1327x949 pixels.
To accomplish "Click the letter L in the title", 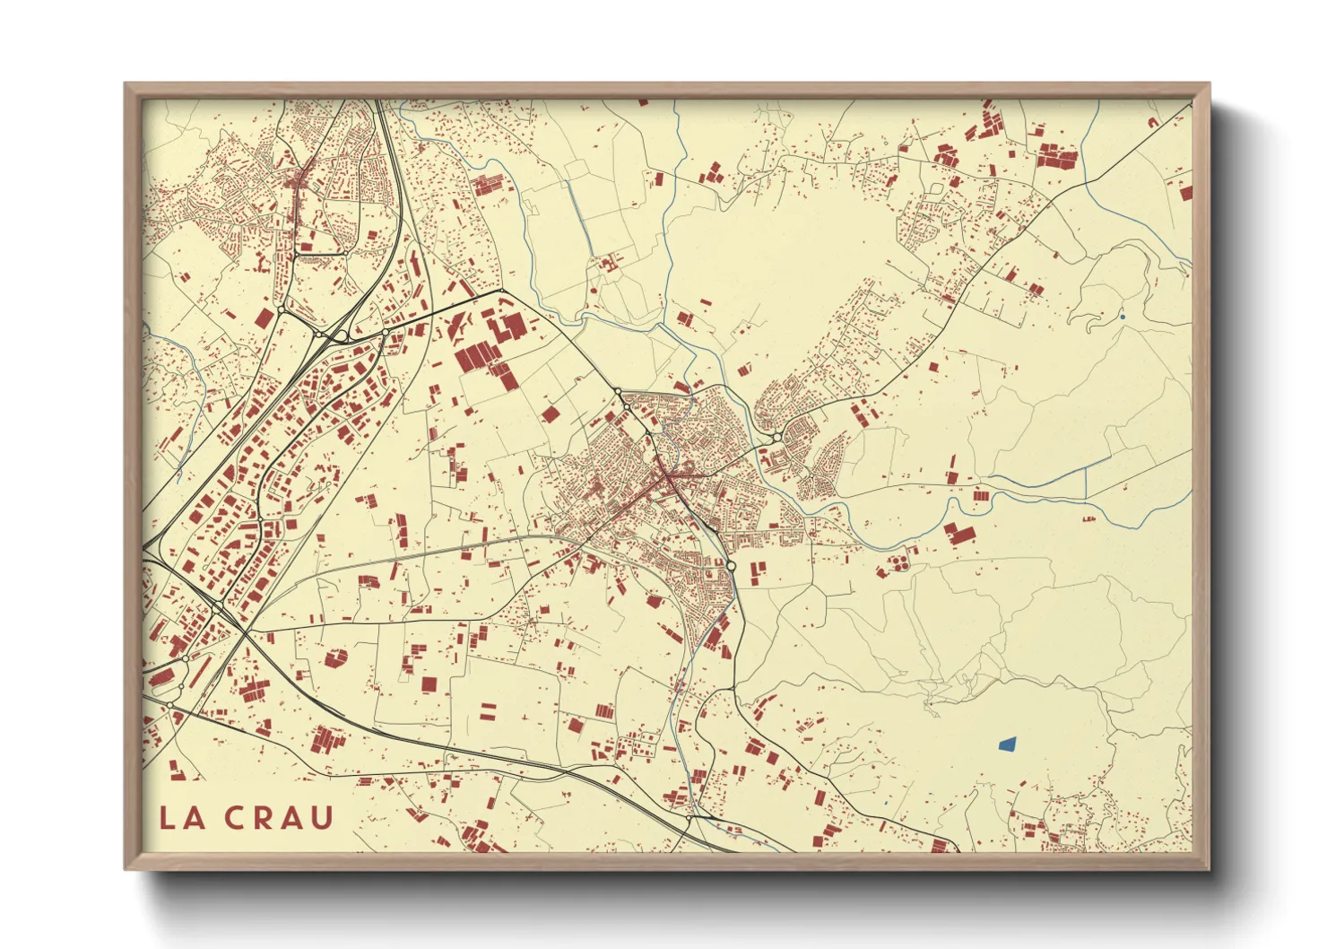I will coord(168,818).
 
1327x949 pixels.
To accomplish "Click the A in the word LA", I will coord(196,818).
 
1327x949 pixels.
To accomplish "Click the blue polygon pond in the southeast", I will coord(1007,744).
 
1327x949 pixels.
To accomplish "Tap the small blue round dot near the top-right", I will coord(1122,317).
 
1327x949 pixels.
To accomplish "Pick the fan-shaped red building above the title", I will coord(334,659).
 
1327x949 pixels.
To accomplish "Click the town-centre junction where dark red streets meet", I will coord(668,475).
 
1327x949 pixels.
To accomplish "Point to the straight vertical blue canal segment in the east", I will coord(1086,483).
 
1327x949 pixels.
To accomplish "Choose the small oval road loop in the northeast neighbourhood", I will coord(935,189).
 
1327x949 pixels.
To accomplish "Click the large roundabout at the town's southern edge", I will coord(732,566).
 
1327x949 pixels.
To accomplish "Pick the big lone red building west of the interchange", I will coord(263,318).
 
